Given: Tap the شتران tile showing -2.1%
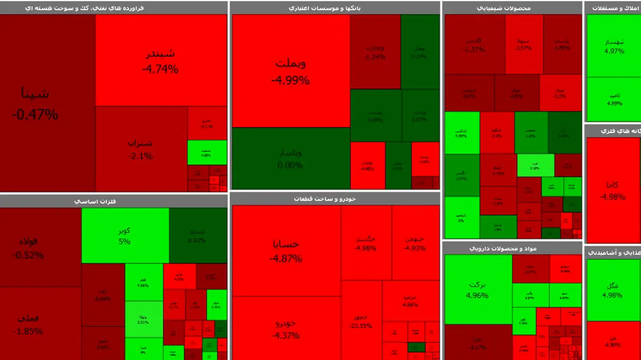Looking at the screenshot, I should tap(141, 149).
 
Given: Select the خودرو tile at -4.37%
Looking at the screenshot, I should tap(286, 328).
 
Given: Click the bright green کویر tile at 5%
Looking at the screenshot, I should tap(125, 236).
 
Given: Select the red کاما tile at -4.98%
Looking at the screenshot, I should tap(612, 190).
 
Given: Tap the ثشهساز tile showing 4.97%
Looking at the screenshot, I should tap(613, 46).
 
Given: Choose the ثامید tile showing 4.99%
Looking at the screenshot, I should tap(613, 99).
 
